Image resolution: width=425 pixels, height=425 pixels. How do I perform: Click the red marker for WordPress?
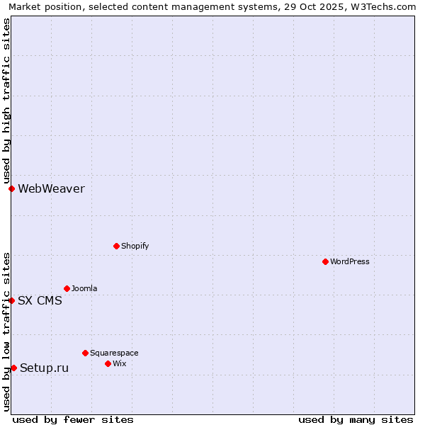click(x=325, y=261)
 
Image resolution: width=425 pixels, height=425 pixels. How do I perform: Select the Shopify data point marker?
click(x=116, y=246)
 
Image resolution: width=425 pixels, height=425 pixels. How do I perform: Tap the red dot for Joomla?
click(x=67, y=288)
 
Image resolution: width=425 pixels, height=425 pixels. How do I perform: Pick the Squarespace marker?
click(x=85, y=353)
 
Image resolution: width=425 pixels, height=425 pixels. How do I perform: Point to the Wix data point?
click(x=108, y=363)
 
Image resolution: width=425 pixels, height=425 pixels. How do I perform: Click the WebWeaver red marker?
click(x=11, y=188)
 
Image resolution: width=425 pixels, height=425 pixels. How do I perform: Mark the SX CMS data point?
click(x=11, y=300)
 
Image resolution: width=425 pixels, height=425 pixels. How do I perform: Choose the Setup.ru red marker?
click(x=13, y=368)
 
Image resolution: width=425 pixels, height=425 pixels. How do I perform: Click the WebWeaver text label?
click(x=51, y=188)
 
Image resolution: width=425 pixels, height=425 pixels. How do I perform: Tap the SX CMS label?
click(x=40, y=300)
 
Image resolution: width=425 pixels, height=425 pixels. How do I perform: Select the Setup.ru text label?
click(x=44, y=368)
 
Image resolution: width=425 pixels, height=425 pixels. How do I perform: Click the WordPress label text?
click(x=350, y=261)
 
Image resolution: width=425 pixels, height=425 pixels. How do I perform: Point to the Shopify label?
click(x=135, y=246)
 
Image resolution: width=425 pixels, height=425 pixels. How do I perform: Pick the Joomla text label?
click(x=84, y=288)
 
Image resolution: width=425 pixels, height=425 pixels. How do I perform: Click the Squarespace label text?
click(x=114, y=353)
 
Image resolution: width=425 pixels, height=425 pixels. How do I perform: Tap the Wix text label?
click(x=119, y=363)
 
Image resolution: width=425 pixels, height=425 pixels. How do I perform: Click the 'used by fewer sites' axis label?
click(x=73, y=419)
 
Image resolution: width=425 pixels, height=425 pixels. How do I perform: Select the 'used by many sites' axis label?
click(x=356, y=419)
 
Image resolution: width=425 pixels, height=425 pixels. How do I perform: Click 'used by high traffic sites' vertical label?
click(x=6, y=101)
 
